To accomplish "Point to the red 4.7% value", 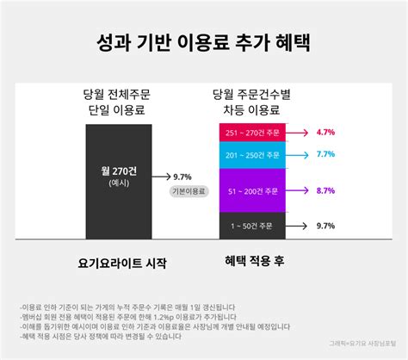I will pyautogui.click(x=325, y=133).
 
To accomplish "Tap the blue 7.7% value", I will pyautogui.click(x=325, y=155).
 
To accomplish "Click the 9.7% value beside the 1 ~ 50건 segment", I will pyautogui.click(x=325, y=226).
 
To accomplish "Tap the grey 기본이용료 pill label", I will pyautogui.click(x=189, y=191).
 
